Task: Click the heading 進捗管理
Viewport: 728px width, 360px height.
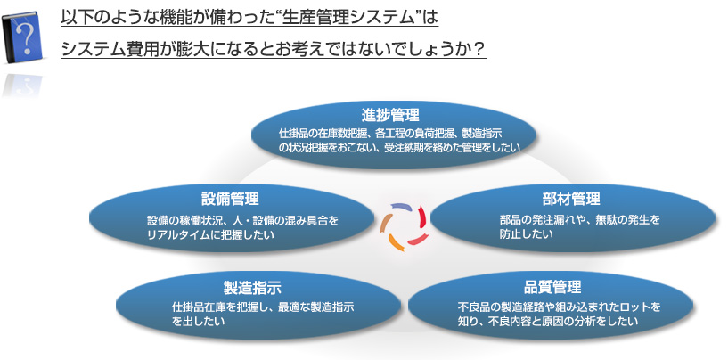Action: [x=390, y=115]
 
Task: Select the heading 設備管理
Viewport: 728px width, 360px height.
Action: [x=230, y=198]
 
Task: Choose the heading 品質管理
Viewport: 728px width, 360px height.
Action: [x=552, y=287]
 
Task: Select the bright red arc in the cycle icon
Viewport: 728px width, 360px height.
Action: [x=422, y=217]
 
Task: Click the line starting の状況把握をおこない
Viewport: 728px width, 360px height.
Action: [x=398, y=148]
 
